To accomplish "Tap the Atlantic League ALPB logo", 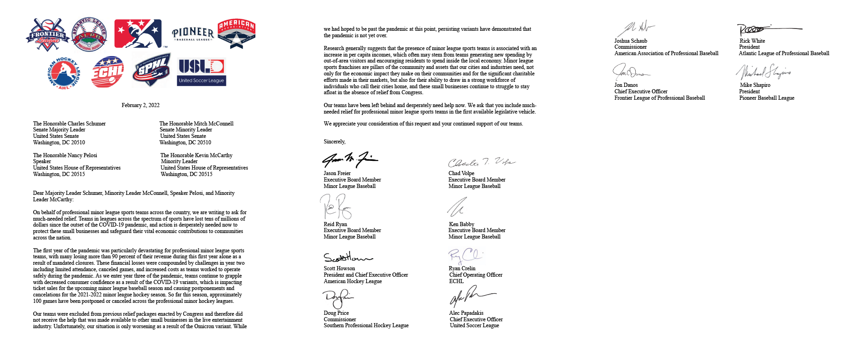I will [x=89, y=35].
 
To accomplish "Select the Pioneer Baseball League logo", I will [x=193, y=34].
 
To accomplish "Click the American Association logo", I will [x=236, y=34].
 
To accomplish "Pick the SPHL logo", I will [x=151, y=70].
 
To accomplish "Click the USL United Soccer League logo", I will [x=201, y=72].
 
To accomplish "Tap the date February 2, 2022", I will [x=140, y=105].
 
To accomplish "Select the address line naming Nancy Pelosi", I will [x=65, y=155].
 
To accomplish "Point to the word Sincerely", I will [x=334, y=142].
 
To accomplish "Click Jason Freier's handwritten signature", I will [x=350, y=159].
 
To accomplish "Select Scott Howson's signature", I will [x=347, y=257].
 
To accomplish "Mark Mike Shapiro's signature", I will [x=763, y=72].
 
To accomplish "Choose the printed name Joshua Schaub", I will [x=631, y=41].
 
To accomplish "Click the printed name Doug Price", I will [x=336, y=313].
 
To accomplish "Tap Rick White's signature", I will [x=768, y=29].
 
